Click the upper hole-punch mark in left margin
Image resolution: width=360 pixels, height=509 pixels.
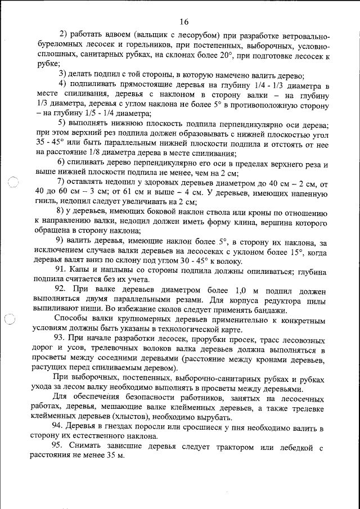(x=13, y=184)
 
